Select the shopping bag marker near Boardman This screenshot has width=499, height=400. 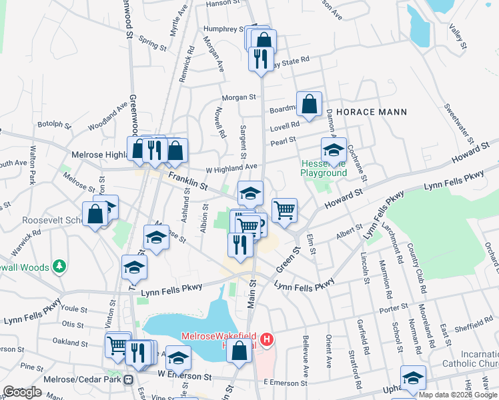coord(309,104)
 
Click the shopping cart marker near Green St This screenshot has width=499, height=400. coord(284,210)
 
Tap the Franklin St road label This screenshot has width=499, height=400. coord(189,180)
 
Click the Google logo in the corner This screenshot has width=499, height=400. coord(22,392)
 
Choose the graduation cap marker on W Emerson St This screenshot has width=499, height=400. coord(178,359)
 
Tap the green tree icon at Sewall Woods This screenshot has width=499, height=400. coord(60,267)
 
